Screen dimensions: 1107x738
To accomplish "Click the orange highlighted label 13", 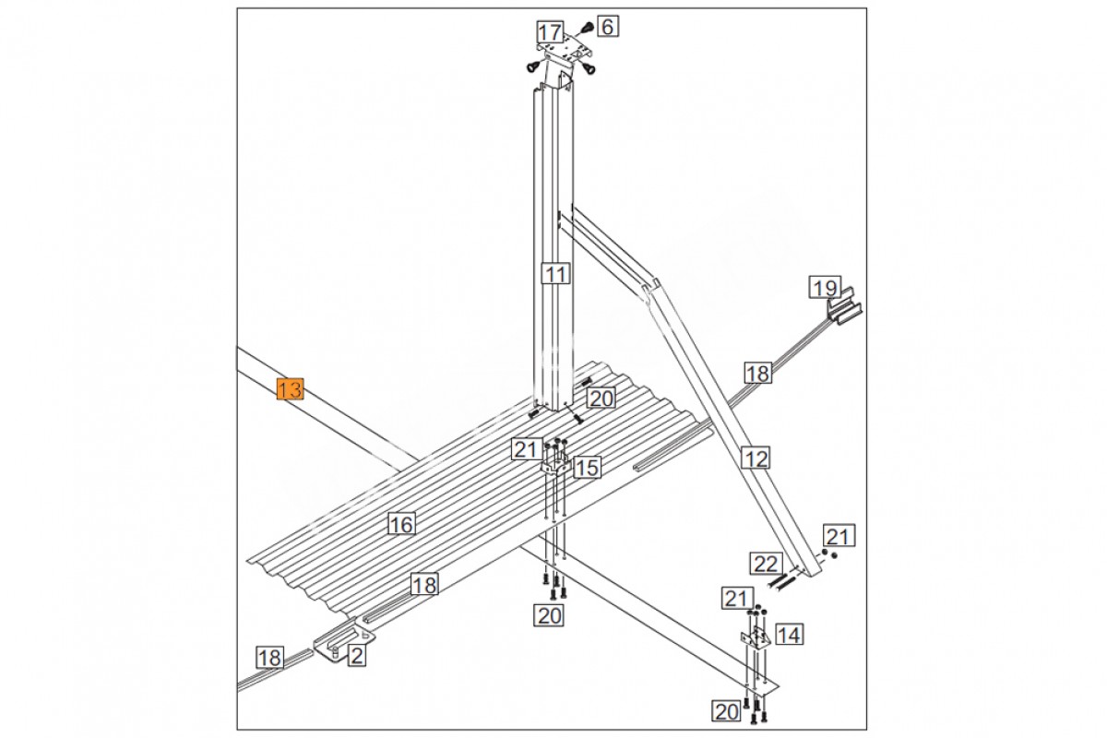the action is click(290, 389).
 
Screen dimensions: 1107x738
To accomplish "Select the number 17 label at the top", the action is click(550, 33).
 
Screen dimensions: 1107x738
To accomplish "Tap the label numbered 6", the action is click(608, 26).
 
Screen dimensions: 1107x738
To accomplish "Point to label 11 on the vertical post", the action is click(556, 273).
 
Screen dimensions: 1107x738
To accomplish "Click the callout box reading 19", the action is click(826, 288).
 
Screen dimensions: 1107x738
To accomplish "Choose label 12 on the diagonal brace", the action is click(756, 458).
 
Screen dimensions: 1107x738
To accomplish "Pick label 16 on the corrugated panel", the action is click(401, 524).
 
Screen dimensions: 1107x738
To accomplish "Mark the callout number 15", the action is click(587, 468).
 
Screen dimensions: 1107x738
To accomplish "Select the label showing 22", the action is click(766, 564).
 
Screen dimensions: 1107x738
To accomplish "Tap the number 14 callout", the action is click(790, 635).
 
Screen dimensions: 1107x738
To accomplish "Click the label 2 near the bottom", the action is click(357, 656).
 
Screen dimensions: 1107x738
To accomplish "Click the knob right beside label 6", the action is click(587, 28).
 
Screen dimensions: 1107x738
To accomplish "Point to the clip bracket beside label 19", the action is click(846, 306).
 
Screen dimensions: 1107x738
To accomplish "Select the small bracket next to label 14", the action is click(756, 637).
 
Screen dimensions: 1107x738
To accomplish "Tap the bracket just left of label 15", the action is click(556, 465).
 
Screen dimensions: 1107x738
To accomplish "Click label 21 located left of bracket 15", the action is click(525, 449).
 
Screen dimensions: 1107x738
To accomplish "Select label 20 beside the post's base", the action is click(601, 398).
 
